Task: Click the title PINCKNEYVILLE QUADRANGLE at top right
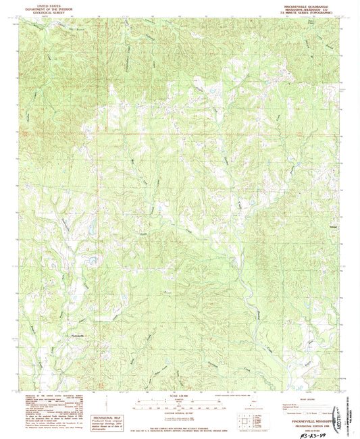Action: pyautogui.click(x=308, y=3)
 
